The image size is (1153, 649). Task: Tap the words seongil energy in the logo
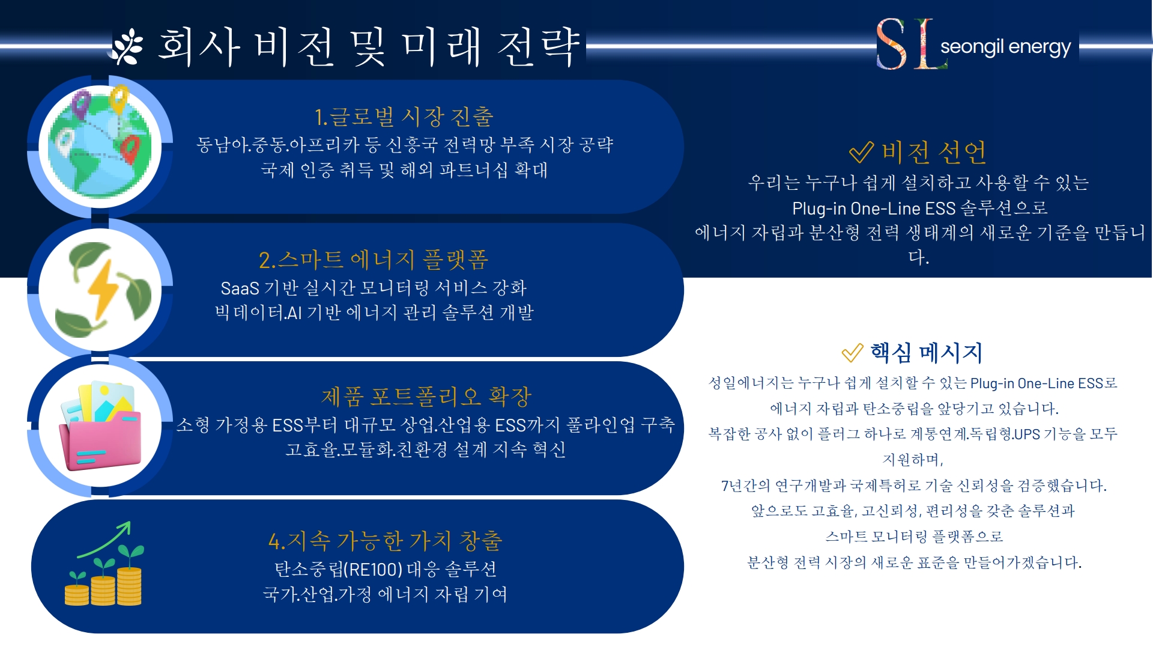pyautogui.click(x=1005, y=47)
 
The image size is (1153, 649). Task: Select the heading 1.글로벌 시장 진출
pyautogui.click(x=404, y=117)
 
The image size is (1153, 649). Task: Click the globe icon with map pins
pyautogui.click(x=101, y=146)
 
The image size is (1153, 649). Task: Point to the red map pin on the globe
pyautogui.click(x=130, y=148)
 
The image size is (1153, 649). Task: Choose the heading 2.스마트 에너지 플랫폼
pyautogui.click(x=374, y=260)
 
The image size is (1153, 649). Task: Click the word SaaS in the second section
pyautogui.click(x=240, y=288)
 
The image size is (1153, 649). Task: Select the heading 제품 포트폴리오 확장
pyautogui.click(x=426, y=397)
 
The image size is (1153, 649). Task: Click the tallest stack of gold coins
pyautogui.click(x=129, y=586)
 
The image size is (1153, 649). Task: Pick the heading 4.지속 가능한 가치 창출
pyautogui.click(x=385, y=541)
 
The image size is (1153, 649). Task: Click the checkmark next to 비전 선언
pyautogui.click(x=861, y=153)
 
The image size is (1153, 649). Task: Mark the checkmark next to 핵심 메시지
pyautogui.click(x=852, y=353)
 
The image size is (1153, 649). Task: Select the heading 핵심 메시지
pyautogui.click(x=927, y=353)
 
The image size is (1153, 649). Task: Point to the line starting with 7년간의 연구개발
pyautogui.click(x=913, y=486)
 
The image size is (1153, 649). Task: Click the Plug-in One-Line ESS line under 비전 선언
pyautogui.click(x=919, y=209)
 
